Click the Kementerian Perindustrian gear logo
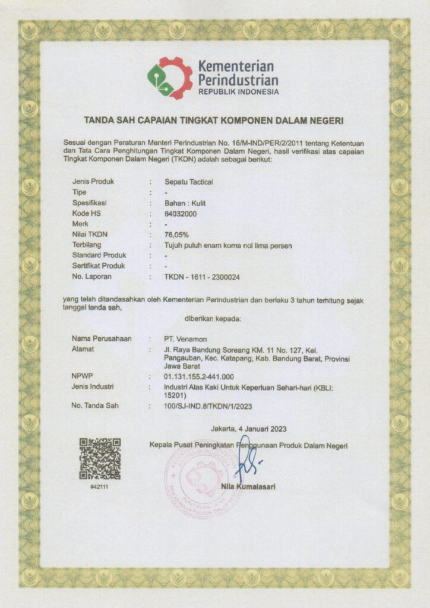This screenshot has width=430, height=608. (x=170, y=78)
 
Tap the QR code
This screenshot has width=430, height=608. (x=100, y=458)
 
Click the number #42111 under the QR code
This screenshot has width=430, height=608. (x=100, y=487)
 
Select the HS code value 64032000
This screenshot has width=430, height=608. (x=180, y=213)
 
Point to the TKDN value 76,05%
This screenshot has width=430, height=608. (x=176, y=235)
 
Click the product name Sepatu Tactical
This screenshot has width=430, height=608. (x=188, y=182)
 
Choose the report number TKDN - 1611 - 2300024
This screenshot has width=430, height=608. (x=202, y=277)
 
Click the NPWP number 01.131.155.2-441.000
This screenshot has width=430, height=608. (x=198, y=376)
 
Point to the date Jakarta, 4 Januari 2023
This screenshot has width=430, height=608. (x=248, y=429)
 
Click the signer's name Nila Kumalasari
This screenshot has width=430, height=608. (x=248, y=487)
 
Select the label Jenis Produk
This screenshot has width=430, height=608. (x=93, y=182)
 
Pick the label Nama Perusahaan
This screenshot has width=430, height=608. (x=100, y=338)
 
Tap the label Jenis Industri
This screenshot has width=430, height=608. (x=93, y=387)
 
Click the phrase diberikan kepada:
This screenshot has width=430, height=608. (x=213, y=319)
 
